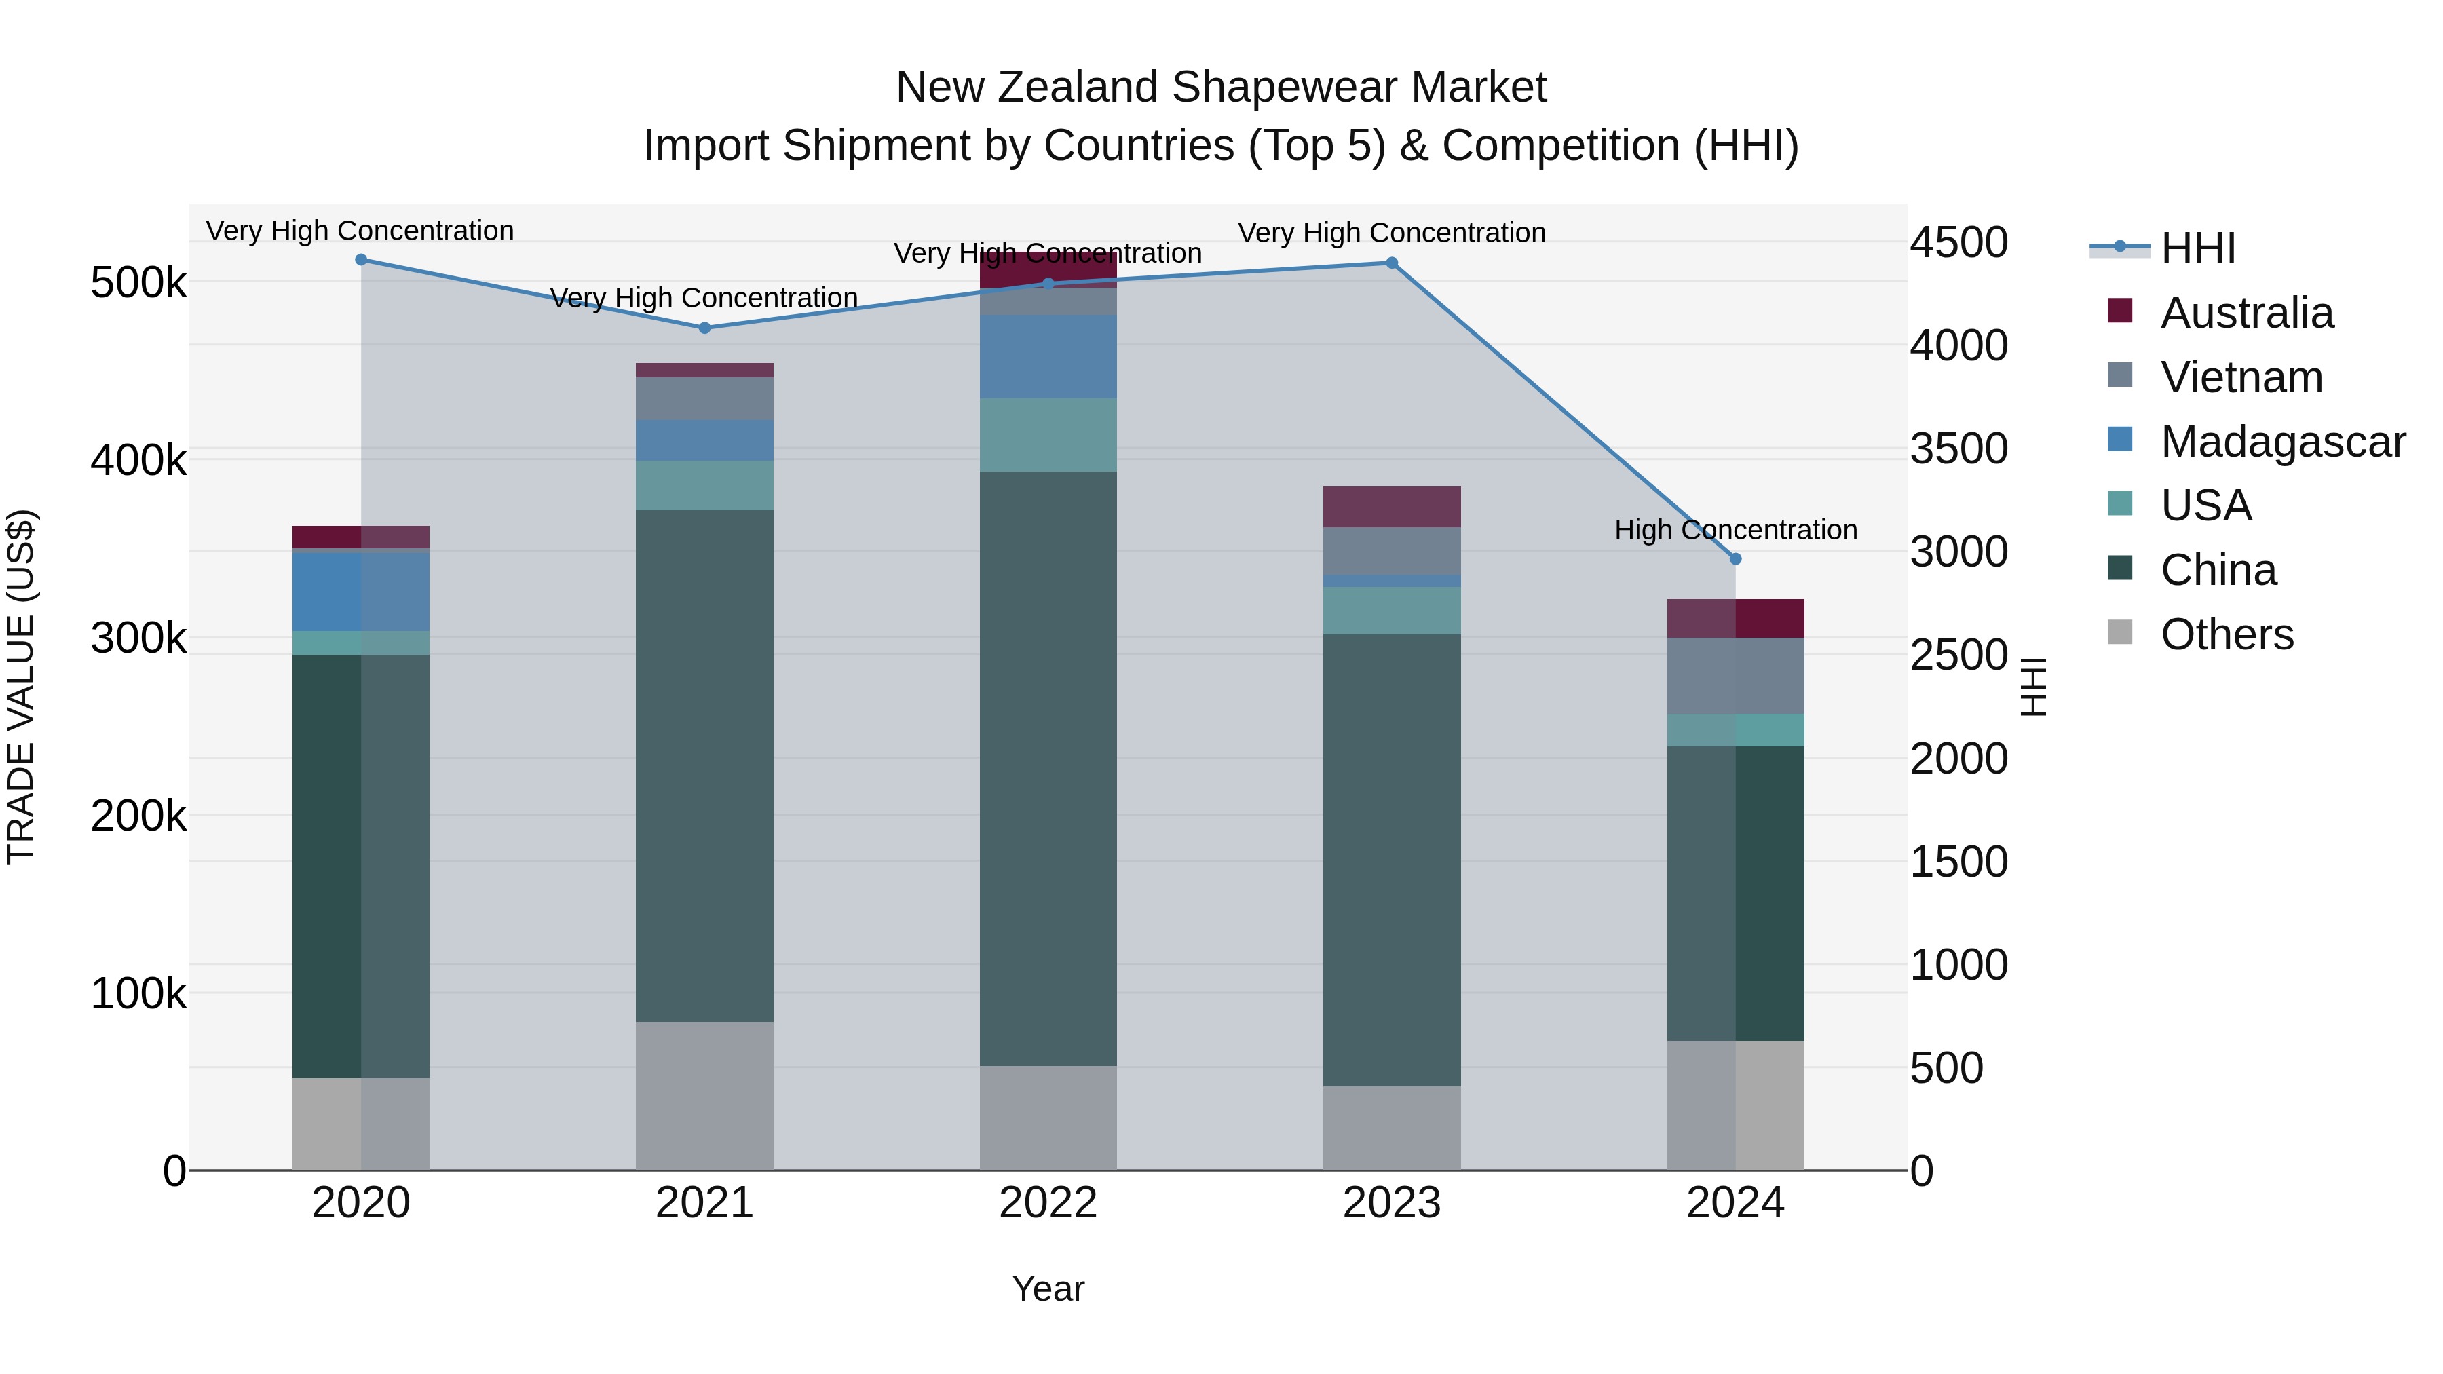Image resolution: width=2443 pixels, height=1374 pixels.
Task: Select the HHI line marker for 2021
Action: (x=704, y=328)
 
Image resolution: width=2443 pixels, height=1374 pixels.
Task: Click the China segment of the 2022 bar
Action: (x=1048, y=768)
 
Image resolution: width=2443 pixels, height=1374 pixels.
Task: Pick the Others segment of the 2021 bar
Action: (x=704, y=1095)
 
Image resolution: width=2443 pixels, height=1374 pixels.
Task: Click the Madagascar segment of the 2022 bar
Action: (x=1048, y=356)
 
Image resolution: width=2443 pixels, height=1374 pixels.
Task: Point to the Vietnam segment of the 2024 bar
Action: (x=1735, y=675)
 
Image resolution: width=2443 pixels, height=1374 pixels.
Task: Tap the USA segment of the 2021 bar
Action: (x=704, y=486)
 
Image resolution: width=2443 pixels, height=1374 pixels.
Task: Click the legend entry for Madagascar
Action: (x=2283, y=442)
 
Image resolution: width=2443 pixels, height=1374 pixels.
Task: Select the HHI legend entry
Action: (x=2197, y=248)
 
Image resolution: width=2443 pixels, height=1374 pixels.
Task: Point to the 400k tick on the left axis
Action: (x=138, y=460)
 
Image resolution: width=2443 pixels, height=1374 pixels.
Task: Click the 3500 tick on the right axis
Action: (x=1958, y=448)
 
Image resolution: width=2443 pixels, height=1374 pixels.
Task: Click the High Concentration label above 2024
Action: (x=1735, y=529)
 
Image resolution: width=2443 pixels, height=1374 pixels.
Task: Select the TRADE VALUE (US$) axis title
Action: (x=21, y=687)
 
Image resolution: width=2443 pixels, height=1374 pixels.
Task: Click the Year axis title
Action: (x=1048, y=1289)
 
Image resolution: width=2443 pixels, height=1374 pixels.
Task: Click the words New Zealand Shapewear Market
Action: (x=1221, y=88)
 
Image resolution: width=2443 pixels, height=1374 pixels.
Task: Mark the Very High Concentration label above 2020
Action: (x=360, y=231)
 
